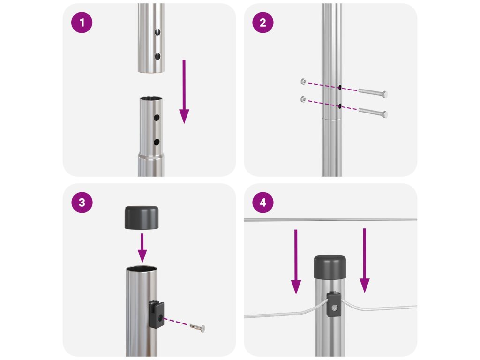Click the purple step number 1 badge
click(82, 22)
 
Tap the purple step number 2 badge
click(262, 22)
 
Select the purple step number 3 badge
click(82, 202)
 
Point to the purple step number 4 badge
click(262, 202)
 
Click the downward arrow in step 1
click(184, 91)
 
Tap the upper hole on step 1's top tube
click(157, 32)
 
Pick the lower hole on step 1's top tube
click(157, 56)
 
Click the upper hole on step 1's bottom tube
click(157, 118)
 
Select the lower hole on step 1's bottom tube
click(157, 142)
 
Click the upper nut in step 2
click(303, 82)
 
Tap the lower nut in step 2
click(303, 99)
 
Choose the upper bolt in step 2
click(373, 92)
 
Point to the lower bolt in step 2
click(373, 112)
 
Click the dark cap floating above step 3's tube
click(142, 217)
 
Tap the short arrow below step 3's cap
click(142, 248)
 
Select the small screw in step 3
click(197, 328)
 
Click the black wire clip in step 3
click(157, 315)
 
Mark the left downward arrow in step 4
click(296, 262)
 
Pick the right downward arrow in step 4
click(364, 260)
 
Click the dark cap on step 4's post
click(330, 267)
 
